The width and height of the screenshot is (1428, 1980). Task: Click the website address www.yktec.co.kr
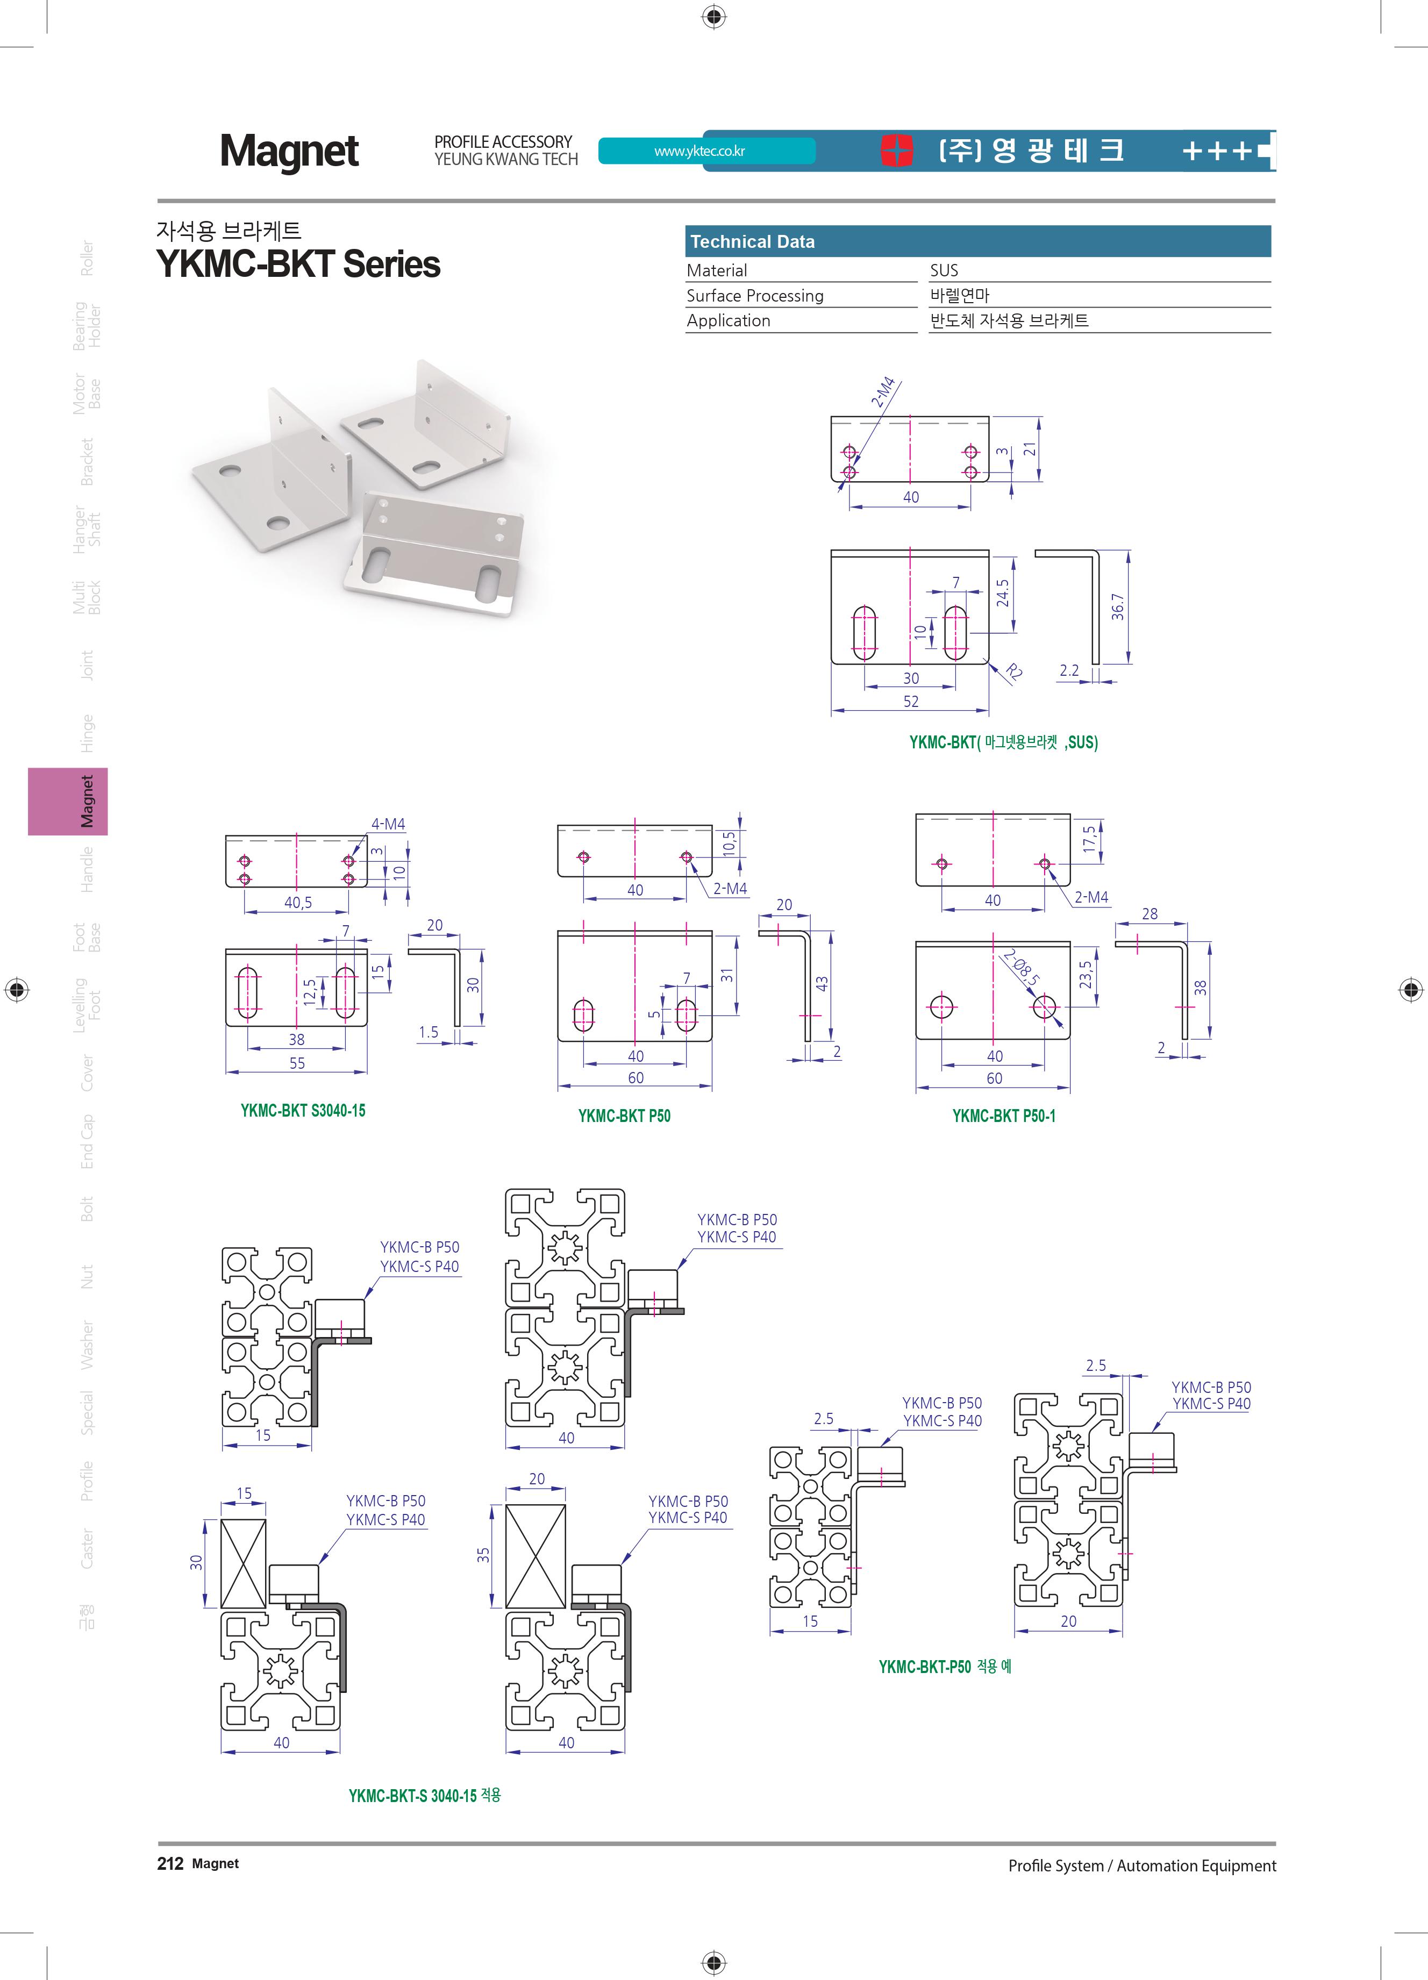(x=699, y=151)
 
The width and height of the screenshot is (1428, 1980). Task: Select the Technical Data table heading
(x=752, y=242)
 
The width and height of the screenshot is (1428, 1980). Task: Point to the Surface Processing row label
(x=755, y=296)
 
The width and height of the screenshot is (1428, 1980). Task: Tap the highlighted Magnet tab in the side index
(x=68, y=802)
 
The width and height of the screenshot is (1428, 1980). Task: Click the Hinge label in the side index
(x=87, y=733)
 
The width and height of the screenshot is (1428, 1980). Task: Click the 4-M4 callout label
(x=388, y=824)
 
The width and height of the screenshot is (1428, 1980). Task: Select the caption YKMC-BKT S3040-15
(x=303, y=1111)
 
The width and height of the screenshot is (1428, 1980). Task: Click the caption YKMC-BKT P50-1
(x=1004, y=1116)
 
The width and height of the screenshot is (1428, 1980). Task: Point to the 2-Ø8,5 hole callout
(x=1021, y=968)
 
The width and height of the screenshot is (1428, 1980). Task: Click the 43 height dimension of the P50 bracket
(x=822, y=984)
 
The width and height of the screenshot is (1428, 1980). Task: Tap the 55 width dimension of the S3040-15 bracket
(x=298, y=1063)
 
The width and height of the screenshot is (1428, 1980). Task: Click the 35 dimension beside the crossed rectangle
(x=483, y=1554)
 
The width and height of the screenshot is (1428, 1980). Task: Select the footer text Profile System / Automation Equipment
(x=1142, y=1865)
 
